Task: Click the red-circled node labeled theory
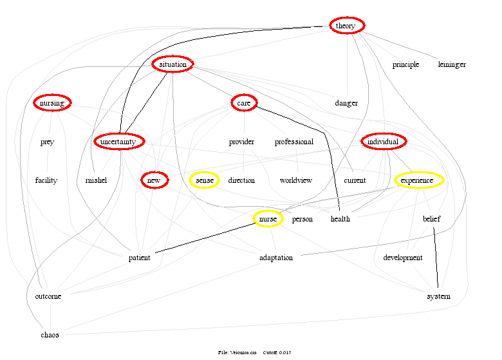(x=347, y=26)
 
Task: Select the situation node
(x=173, y=64)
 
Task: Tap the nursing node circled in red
(x=51, y=103)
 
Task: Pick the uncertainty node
(x=118, y=142)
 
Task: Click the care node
(x=243, y=103)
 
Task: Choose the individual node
(x=384, y=142)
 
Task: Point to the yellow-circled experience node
(x=419, y=180)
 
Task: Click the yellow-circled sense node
(x=205, y=180)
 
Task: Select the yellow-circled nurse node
(x=267, y=219)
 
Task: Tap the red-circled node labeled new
(x=154, y=180)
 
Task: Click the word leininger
(x=452, y=64)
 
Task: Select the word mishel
(x=96, y=180)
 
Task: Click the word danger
(x=346, y=103)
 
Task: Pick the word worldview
(x=296, y=180)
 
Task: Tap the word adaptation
(x=275, y=258)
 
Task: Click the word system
(x=438, y=296)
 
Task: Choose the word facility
(x=46, y=180)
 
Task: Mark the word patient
(x=139, y=258)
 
